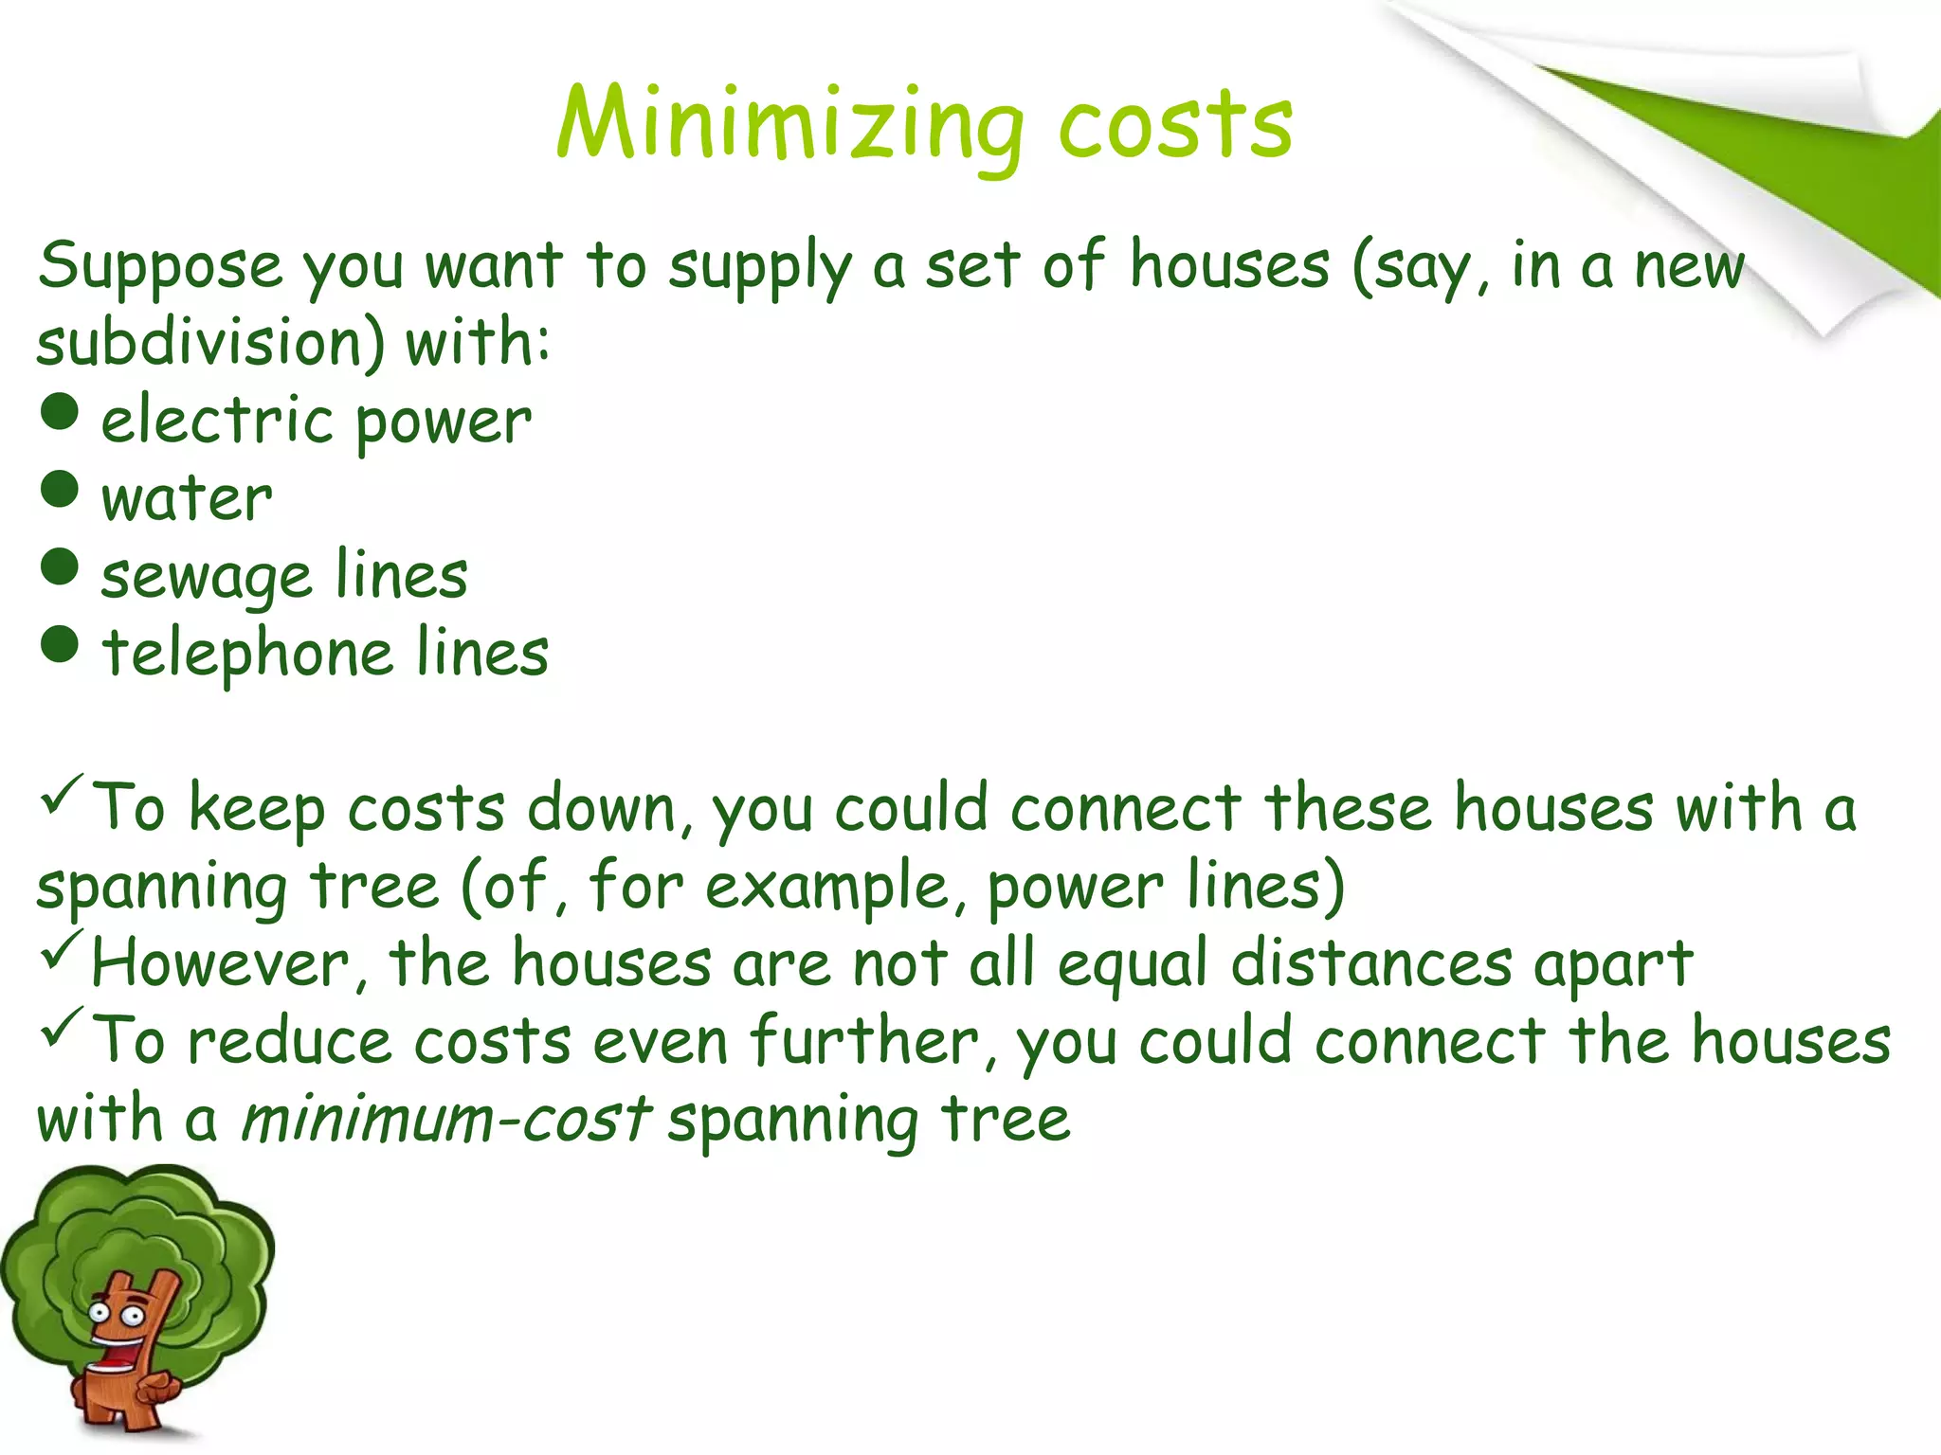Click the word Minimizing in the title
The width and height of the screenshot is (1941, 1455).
[789, 124]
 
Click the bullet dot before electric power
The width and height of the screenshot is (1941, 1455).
[60, 412]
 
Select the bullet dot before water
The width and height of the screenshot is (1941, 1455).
[60, 490]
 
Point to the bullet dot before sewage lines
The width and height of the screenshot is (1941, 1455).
[60, 567]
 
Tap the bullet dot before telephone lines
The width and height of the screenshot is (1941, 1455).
[60, 645]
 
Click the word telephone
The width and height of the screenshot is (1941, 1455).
[247, 653]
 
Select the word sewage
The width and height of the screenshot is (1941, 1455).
[206, 577]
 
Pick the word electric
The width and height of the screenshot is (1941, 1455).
[216, 421]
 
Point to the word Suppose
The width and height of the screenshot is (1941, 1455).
[160, 267]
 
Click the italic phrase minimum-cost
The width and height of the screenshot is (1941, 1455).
[445, 1119]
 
